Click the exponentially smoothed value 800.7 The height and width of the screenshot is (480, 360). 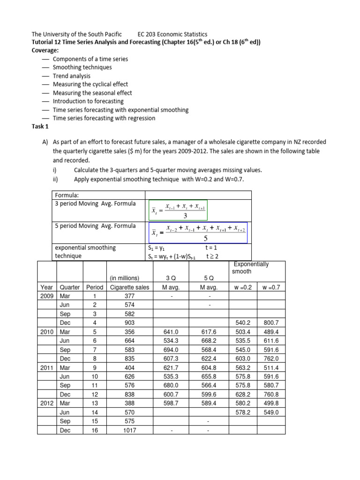[271, 323]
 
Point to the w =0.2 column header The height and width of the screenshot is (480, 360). [242, 287]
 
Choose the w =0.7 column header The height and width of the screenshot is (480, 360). [271, 287]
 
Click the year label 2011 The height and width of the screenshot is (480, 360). [46, 367]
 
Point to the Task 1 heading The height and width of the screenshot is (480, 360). [40, 127]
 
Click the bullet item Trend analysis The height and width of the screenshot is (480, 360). [72, 76]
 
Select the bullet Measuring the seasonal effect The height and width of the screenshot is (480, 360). [92, 93]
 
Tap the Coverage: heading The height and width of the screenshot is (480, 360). [45, 51]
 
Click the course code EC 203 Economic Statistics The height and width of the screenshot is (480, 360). [172, 34]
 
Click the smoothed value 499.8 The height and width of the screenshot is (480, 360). [271, 403]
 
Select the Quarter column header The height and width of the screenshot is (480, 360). [70, 287]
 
